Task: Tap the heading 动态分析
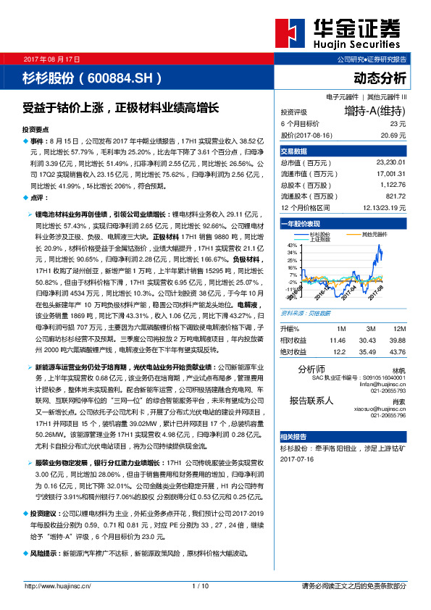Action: tap(380, 78)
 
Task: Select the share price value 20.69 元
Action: tap(391, 135)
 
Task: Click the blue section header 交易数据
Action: tap(294, 151)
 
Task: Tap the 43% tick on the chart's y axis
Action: tap(293, 246)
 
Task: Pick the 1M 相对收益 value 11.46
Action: tap(337, 339)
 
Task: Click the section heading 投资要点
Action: tap(37, 128)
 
